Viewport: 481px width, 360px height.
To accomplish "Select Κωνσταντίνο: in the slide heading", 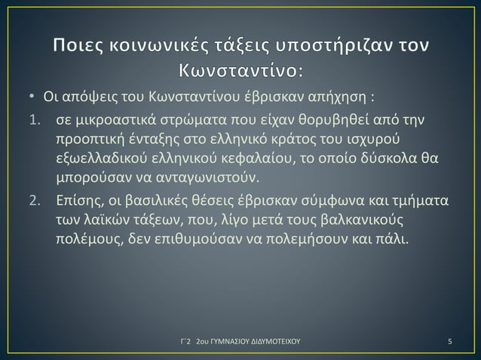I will coord(240,74).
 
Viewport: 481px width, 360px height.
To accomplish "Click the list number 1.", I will coord(23,122).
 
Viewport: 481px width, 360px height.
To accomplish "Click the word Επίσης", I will coord(77,202).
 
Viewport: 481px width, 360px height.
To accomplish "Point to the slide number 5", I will coord(449,341).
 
